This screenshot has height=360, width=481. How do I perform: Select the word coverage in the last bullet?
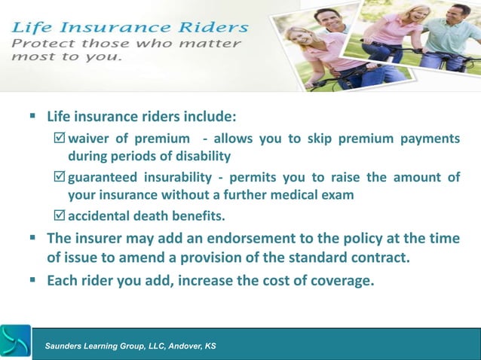(339, 282)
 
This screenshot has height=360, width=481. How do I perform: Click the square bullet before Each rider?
(32, 282)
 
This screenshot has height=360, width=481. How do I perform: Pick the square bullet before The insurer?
(32, 239)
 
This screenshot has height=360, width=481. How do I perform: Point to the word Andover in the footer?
(178, 346)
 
